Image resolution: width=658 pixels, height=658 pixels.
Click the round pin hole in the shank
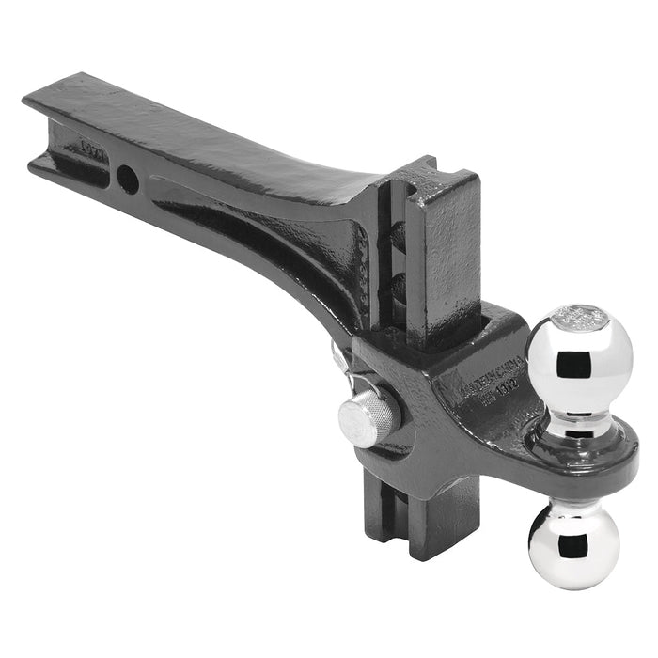coord(128,179)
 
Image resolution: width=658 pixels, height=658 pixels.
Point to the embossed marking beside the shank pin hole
coord(92,150)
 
